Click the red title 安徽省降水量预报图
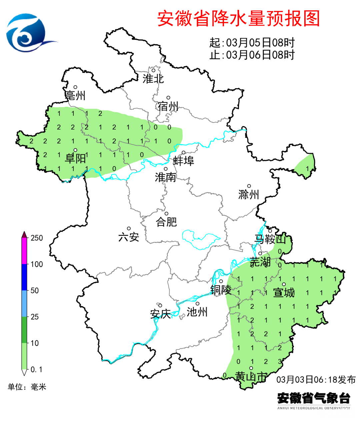238,18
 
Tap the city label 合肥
166,222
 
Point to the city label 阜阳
75,158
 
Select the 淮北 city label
153,79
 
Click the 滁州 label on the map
249,194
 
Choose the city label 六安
129,237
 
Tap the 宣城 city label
284,293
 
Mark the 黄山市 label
251,377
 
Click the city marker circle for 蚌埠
183,152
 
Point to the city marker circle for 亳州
75,87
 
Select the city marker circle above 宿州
168,98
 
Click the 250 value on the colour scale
37,238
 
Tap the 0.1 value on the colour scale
37,369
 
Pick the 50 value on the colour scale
35,291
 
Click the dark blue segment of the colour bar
24,277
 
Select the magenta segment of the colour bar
24,251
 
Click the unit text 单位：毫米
27,387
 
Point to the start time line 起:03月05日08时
252,43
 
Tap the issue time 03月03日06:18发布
316,379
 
